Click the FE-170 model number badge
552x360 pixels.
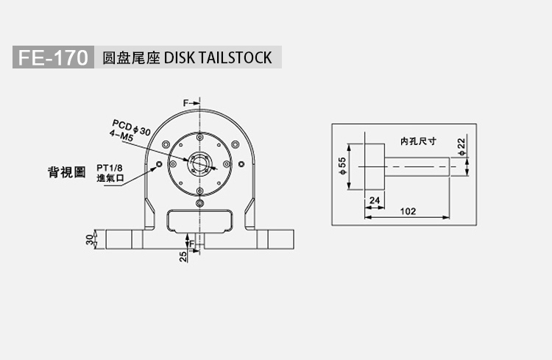53,57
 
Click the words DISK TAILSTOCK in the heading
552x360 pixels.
218,57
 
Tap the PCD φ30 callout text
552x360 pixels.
131,127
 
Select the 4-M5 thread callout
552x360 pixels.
121,135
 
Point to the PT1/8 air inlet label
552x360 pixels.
110,169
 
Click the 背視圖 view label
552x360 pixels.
66,172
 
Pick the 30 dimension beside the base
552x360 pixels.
90,239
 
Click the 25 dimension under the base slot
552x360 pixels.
183,256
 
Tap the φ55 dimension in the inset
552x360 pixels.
342,166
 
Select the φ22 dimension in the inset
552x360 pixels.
461,147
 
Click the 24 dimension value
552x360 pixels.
375,200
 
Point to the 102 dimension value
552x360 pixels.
408,211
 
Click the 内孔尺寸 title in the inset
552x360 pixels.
418,141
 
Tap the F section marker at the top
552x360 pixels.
186,103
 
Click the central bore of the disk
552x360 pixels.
199,163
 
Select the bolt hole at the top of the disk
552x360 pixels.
199,137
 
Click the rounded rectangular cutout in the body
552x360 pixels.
199,222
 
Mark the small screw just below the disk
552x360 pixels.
199,203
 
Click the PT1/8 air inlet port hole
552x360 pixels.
159,164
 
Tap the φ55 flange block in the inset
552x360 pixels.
375,166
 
